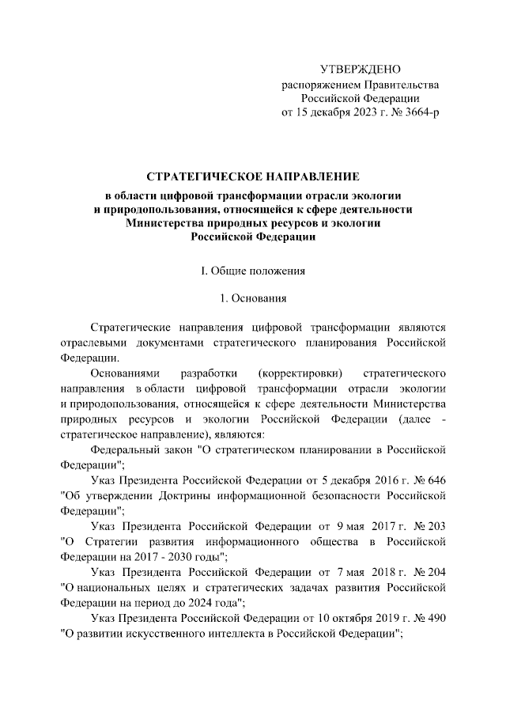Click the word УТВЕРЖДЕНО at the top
[361, 70]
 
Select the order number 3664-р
[418, 112]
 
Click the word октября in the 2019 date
[352, 617]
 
